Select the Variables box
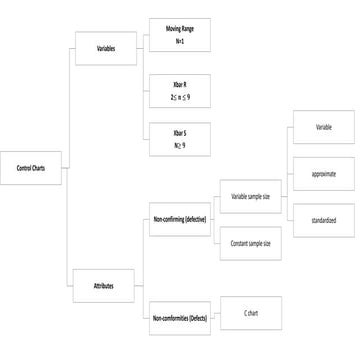click(x=105, y=48)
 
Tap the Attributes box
click(x=105, y=286)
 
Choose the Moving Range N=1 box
click(x=179, y=37)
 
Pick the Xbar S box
click(x=179, y=139)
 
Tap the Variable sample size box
click(x=251, y=196)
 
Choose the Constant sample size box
click(x=251, y=243)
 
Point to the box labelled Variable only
click(x=323, y=128)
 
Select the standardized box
click(x=323, y=219)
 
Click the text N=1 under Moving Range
click(x=179, y=43)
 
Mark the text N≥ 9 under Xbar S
click(x=179, y=146)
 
